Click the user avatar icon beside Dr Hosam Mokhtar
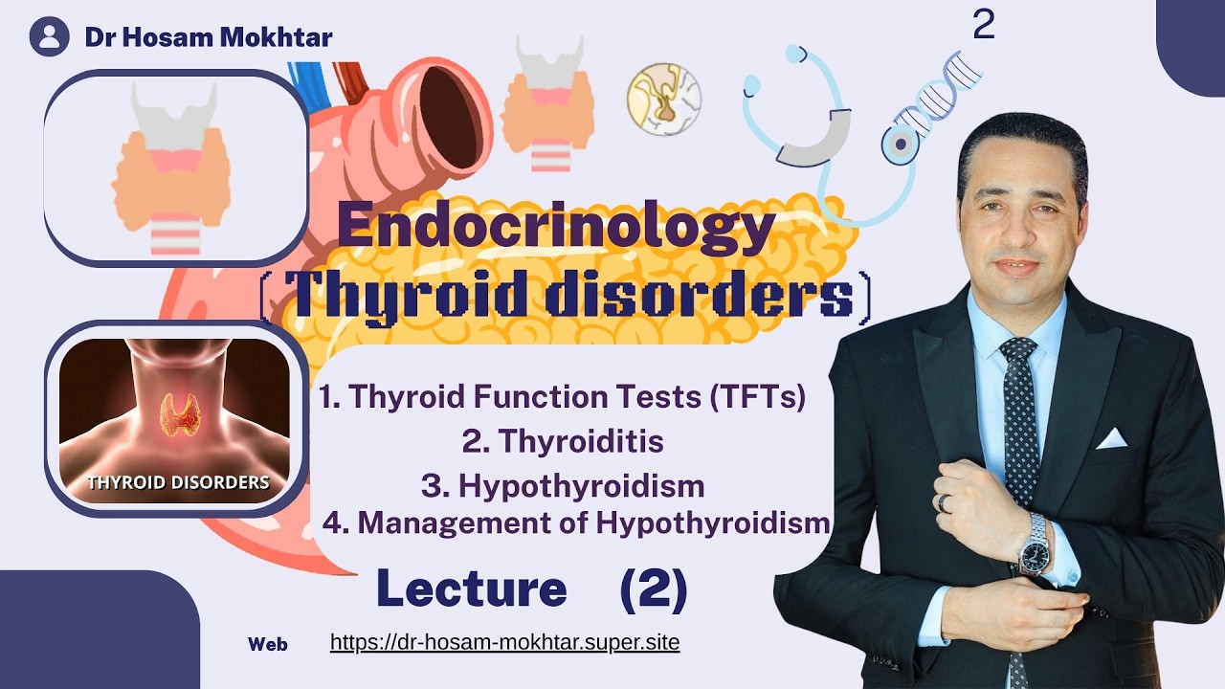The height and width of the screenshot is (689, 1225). coord(49,36)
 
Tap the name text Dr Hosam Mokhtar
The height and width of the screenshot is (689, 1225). coord(209,37)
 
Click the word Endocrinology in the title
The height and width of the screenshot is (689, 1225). coord(555,232)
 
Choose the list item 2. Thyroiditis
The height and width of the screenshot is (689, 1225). coord(563,441)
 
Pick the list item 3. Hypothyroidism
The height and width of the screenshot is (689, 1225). coord(563,485)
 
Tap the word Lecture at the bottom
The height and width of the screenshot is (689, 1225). coord(471,589)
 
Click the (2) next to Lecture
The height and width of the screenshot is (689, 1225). coord(654,589)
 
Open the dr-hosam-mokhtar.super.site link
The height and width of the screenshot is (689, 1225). coord(504,642)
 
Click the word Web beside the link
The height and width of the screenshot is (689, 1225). coord(267,644)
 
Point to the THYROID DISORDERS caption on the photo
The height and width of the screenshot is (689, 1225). coord(178,482)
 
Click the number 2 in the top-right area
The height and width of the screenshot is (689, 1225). coord(983,26)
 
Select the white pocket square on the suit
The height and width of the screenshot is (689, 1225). coord(1111,438)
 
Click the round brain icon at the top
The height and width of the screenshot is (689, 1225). coord(663,99)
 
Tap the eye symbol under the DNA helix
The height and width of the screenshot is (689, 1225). coord(901,143)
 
